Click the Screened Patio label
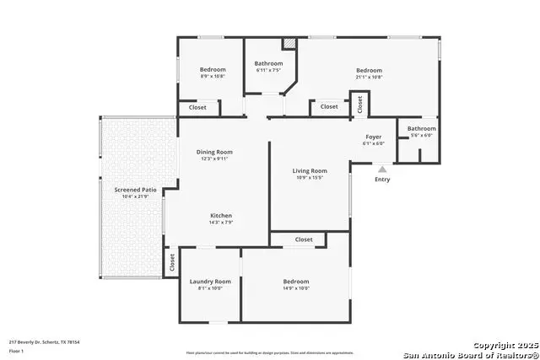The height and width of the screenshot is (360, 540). tap(136, 191)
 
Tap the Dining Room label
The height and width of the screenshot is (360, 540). tap(214, 152)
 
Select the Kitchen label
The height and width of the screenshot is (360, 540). tap(221, 216)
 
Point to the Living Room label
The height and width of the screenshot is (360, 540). tap(310, 171)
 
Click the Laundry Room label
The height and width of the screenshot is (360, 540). tap(210, 282)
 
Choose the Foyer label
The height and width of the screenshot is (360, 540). tap(373, 137)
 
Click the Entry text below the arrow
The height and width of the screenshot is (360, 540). tap(382, 179)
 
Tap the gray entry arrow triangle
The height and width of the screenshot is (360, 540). tap(382, 169)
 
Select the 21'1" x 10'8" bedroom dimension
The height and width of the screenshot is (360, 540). tap(369, 77)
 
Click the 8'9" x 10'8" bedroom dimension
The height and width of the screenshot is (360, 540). tap(213, 76)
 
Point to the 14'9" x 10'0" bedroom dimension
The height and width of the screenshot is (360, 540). tap(295, 288)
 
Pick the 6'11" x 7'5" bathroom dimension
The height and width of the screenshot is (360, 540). tap(268, 70)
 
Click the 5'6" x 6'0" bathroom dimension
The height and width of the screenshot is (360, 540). tap(422, 135)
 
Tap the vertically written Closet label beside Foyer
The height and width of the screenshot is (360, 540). tap(359, 105)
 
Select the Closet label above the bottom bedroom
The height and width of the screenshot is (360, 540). tap(304, 239)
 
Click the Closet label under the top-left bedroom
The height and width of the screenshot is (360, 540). tap(197, 108)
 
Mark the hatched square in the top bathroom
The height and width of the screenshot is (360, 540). tap(289, 43)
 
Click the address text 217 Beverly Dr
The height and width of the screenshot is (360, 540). tap(43, 342)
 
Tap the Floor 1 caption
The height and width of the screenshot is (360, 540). tap(16, 351)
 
